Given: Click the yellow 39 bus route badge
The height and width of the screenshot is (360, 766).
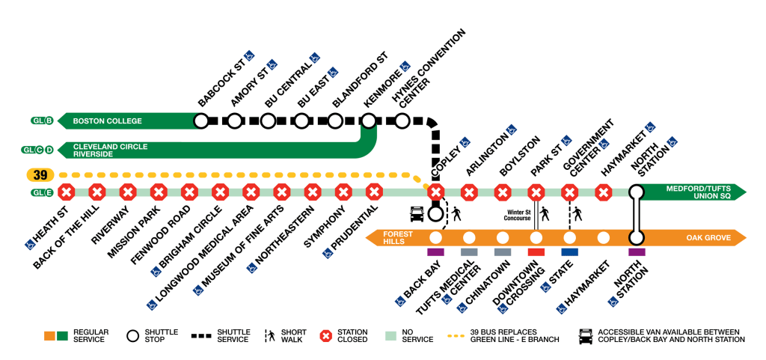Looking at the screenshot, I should (x=40, y=175).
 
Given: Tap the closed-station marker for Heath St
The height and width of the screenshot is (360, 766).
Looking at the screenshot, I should (x=67, y=192).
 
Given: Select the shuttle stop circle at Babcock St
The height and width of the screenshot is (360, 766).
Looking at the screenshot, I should (x=201, y=120).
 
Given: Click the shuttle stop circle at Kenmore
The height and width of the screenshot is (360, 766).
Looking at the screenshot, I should (x=368, y=120).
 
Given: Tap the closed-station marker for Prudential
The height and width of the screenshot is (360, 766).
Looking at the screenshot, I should (x=374, y=192).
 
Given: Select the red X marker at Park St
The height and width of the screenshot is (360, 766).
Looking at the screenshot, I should (x=536, y=192).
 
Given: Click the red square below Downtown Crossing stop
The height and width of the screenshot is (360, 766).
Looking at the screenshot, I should (x=536, y=252).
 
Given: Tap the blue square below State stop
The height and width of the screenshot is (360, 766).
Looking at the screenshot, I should (x=569, y=252).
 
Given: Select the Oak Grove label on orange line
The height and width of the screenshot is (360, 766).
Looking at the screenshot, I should (x=702, y=238).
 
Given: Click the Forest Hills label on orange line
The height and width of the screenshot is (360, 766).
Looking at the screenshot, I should (x=397, y=238).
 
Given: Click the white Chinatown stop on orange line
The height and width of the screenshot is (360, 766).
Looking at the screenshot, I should (x=503, y=238).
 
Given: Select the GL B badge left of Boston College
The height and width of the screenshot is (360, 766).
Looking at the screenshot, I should (x=40, y=120).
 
